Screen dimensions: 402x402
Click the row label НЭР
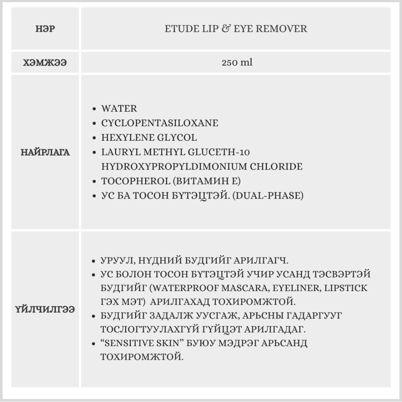(45, 29)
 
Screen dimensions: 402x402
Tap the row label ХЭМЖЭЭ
(45, 63)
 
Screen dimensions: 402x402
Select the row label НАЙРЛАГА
(45, 152)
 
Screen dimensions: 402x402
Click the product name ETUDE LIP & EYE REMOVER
(236, 29)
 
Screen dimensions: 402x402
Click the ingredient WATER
(119, 109)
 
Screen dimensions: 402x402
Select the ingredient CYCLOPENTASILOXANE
(160, 123)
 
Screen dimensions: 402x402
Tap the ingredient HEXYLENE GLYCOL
(149, 137)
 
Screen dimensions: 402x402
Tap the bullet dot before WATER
(94, 109)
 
